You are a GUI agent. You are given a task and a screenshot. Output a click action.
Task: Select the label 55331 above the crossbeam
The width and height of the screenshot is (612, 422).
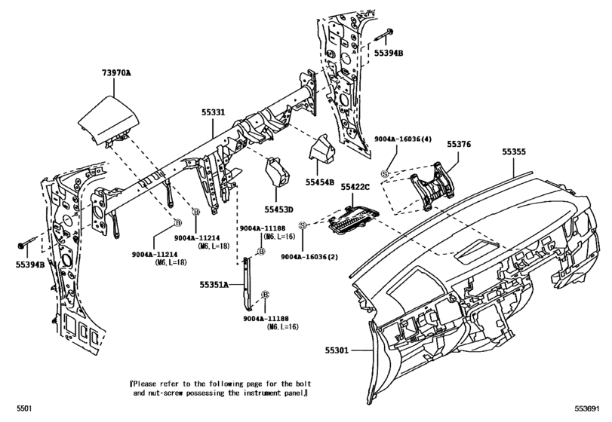[x=212, y=112]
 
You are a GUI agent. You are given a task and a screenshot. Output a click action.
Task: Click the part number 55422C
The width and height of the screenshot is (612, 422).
[x=355, y=186]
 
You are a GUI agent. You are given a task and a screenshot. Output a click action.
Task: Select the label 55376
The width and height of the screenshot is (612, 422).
[x=459, y=143]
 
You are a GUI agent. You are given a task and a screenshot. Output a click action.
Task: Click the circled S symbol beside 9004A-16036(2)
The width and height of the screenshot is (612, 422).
[x=301, y=225]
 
